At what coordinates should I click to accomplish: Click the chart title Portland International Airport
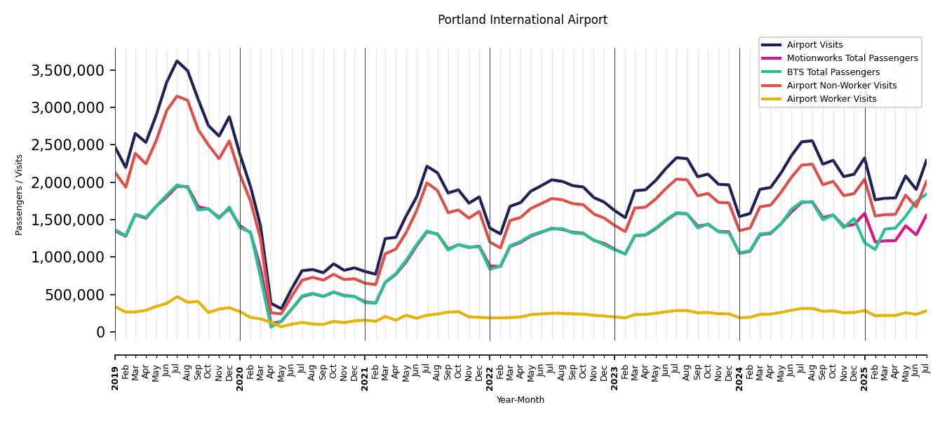coord(523,20)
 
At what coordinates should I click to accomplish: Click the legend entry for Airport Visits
coord(814,45)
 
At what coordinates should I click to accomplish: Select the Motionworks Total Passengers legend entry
coord(852,58)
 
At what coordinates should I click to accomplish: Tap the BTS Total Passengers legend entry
coord(833,72)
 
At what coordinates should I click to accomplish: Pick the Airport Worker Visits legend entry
coord(831,99)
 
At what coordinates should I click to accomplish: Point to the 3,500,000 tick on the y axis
coord(68,71)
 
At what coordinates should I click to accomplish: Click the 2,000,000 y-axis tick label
coord(68,183)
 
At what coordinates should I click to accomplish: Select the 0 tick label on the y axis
coord(100,333)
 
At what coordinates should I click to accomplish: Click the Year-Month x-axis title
coord(520,400)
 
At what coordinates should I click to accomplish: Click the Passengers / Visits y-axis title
coord(20,194)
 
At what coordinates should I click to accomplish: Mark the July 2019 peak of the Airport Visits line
coord(177,61)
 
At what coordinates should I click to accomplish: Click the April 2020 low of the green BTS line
coord(271,326)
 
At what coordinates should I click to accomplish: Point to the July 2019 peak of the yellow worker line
coord(177,297)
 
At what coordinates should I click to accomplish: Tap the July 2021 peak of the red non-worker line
coord(427,183)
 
